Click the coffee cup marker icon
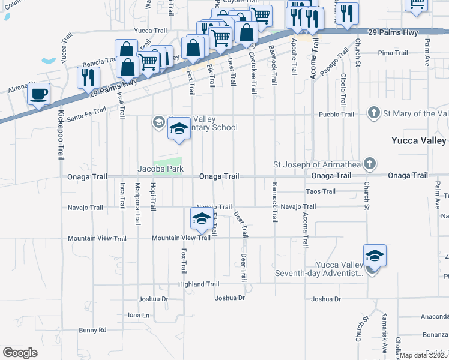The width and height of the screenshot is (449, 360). tap(39, 94)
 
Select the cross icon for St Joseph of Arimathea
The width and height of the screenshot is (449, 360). tap(370, 163)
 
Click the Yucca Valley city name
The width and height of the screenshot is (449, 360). tap(418, 140)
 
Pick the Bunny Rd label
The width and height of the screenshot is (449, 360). tap(92, 330)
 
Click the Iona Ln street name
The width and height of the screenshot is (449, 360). tap(138, 314)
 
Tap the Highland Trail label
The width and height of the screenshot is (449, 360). tap(199, 284)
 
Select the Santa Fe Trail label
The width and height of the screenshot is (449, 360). tap(86, 110)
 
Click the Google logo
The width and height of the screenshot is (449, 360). tap(20, 353)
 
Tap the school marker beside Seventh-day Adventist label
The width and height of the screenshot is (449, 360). tap(374, 256)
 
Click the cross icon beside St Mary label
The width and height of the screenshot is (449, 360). tap(373, 113)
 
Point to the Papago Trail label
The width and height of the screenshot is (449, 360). tap(333, 62)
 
